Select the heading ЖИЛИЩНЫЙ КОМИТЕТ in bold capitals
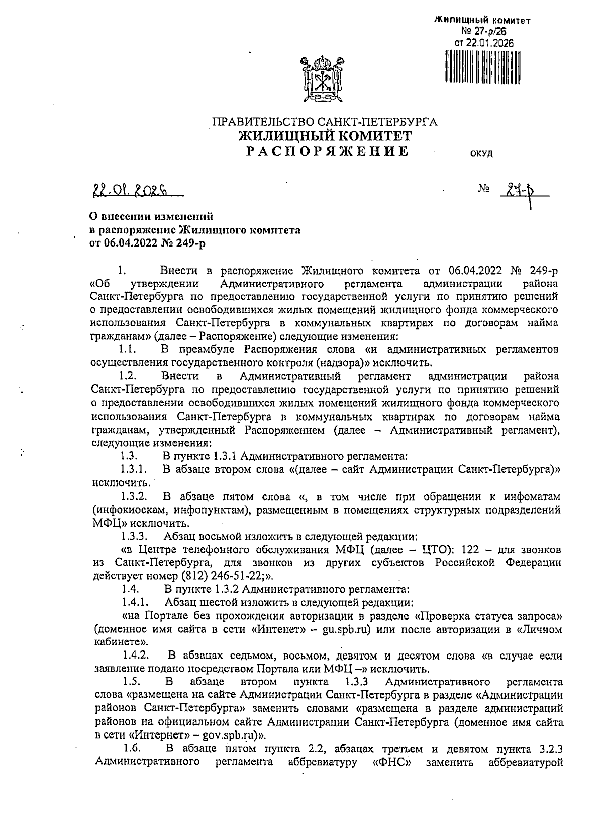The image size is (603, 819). coord(325,136)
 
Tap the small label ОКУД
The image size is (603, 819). coord(481,154)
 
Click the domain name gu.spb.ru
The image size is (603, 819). coord(347,630)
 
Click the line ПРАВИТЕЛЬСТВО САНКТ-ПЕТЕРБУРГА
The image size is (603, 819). coord(325,122)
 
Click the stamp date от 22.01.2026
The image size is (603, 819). coord(484,43)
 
